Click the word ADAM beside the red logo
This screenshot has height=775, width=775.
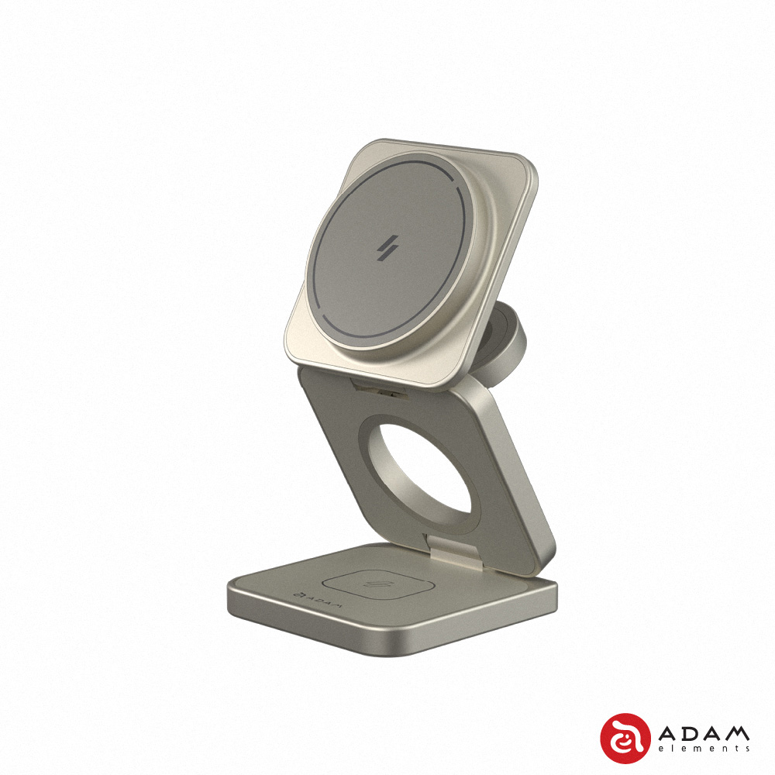click(703, 732)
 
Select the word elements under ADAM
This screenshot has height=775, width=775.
click(703, 750)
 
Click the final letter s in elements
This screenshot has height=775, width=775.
click(747, 750)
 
